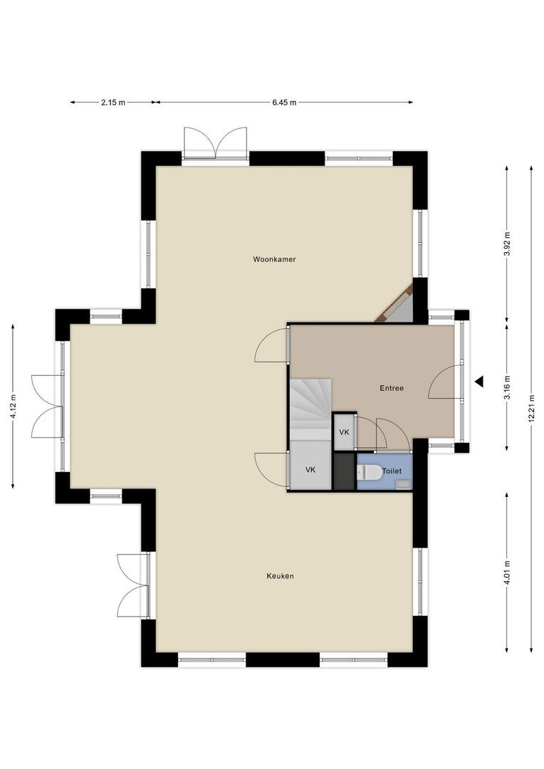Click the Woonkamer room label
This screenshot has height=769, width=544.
[x=274, y=259]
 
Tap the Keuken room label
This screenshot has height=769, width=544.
[x=280, y=576]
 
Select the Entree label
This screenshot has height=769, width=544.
[x=392, y=388]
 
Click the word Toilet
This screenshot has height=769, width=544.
[x=392, y=471]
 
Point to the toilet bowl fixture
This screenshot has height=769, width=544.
[x=370, y=472]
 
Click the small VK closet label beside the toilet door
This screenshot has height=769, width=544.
[x=345, y=432]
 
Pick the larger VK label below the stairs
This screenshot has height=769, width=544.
[x=310, y=470]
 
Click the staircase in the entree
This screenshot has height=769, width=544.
[x=310, y=409]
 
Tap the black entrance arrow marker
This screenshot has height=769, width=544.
[x=479, y=381]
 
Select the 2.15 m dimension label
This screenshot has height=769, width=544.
[x=113, y=103]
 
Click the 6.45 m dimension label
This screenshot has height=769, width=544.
[x=285, y=103]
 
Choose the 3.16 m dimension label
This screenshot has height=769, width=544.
[x=507, y=387]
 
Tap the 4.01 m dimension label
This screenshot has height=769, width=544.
[x=507, y=572]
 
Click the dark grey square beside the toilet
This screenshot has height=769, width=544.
[x=344, y=471]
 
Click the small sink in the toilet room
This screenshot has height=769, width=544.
[x=403, y=485]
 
